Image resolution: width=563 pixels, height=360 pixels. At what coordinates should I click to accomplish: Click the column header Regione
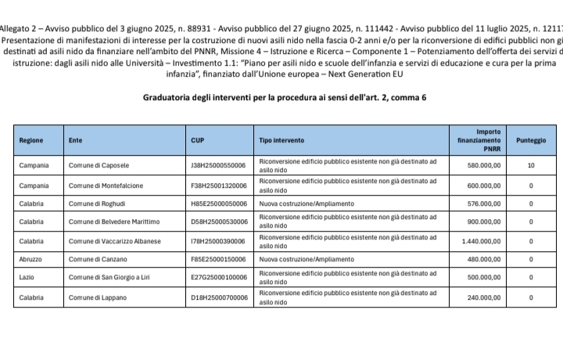(31, 141)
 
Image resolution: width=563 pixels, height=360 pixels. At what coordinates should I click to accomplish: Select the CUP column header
(198, 141)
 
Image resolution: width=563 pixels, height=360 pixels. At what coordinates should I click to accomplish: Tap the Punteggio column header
(531, 141)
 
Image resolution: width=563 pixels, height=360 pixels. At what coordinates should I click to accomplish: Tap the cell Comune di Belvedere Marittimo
(113, 222)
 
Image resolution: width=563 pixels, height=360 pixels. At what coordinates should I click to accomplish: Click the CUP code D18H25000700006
(219, 298)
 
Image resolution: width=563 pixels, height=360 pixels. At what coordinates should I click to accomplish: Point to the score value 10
(531, 166)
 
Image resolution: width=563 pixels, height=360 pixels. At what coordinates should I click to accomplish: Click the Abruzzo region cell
(32, 259)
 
